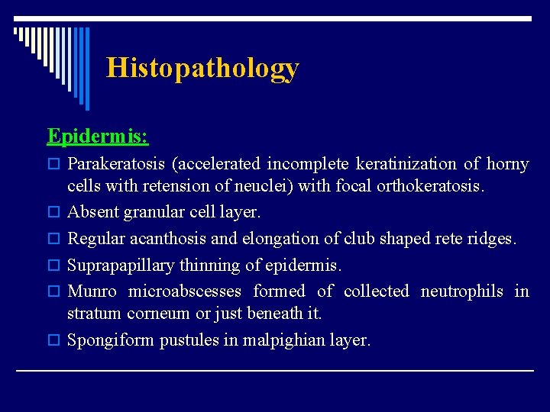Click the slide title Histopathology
[x=202, y=68]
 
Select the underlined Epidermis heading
[x=97, y=136]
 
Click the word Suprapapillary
[x=116, y=266]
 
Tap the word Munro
[x=92, y=291]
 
